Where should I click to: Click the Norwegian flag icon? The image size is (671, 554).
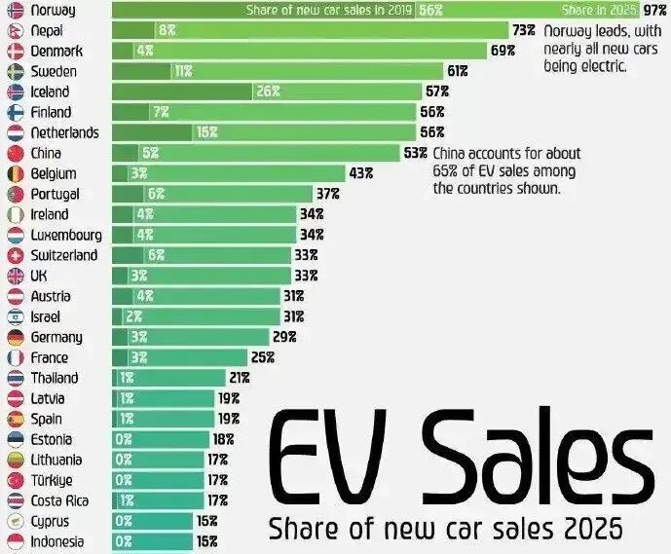point(15,10)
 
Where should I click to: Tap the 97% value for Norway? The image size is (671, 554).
point(655,10)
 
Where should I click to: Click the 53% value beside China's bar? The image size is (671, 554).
point(415,153)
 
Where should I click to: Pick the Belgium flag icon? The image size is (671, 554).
point(15,173)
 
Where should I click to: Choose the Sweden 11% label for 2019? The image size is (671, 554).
point(183,71)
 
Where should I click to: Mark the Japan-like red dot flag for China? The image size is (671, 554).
point(15,153)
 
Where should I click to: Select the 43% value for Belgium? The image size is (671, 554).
point(361,173)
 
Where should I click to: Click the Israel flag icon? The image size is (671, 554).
point(15,316)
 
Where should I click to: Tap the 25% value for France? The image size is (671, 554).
point(263,357)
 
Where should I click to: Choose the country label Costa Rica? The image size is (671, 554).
point(61,500)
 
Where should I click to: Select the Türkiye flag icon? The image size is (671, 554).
point(15,480)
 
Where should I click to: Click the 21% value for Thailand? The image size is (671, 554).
point(240,378)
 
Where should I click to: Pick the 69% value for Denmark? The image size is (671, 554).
point(503,51)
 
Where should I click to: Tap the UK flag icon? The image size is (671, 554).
point(15,276)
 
